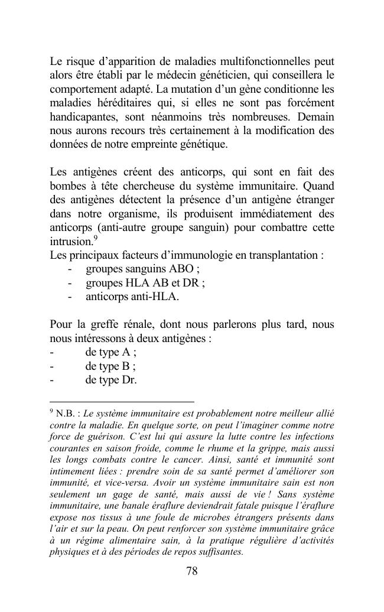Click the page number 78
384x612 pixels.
(x=191, y=571)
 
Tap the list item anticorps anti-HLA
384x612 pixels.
(x=132, y=296)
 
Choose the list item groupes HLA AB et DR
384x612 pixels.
(x=145, y=282)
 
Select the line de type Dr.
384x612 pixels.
(x=111, y=379)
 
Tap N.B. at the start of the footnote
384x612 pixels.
(x=67, y=414)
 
